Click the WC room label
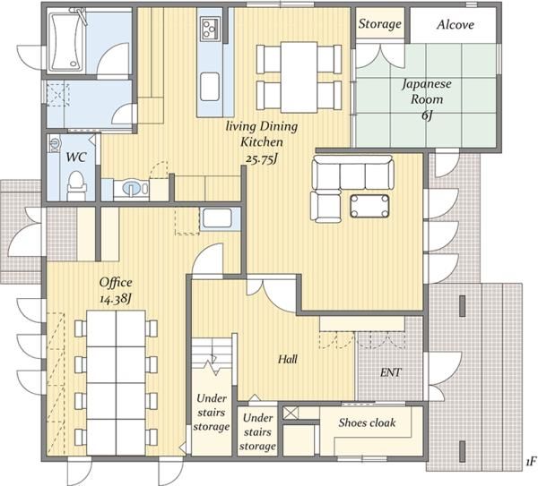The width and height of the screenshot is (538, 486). pyautogui.click(x=76, y=158)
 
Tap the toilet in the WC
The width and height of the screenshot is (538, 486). pyautogui.click(x=76, y=185)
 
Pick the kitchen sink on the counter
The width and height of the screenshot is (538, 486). pyautogui.click(x=210, y=87)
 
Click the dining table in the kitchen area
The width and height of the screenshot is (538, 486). pyautogui.click(x=299, y=77)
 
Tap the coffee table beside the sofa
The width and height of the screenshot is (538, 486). pyautogui.click(x=369, y=206)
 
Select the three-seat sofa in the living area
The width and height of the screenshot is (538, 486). pyautogui.click(x=352, y=172)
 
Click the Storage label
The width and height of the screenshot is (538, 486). pyautogui.click(x=380, y=23)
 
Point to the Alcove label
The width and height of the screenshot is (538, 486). pyautogui.click(x=456, y=24)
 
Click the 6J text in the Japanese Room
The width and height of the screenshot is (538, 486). pyautogui.click(x=427, y=115)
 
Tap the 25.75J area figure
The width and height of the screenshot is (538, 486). pyautogui.click(x=262, y=158)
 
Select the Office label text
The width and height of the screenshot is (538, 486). pyautogui.click(x=116, y=282)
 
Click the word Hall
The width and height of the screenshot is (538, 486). pyautogui.click(x=288, y=359)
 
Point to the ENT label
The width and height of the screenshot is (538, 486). pyautogui.click(x=391, y=372)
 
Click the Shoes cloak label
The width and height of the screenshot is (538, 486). pyautogui.click(x=367, y=422)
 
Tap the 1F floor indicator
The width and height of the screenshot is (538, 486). pyautogui.click(x=530, y=463)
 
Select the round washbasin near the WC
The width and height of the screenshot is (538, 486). pyautogui.click(x=132, y=188)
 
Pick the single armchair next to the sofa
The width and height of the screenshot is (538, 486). pyautogui.click(x=325, y=207)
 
